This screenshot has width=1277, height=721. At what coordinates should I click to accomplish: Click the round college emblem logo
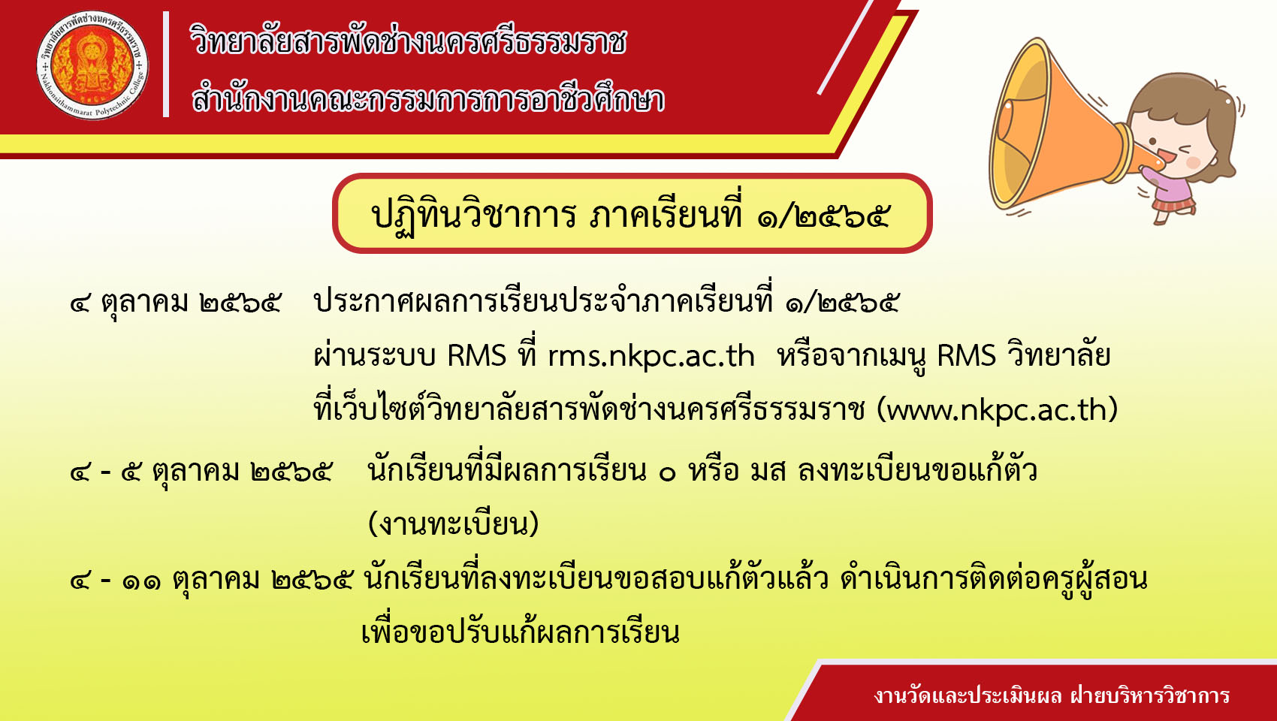(x=92, y=65)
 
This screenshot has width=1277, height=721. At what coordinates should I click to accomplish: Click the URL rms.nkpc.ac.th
(x=651, y=356)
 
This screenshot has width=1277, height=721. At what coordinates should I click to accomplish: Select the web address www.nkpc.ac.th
(x=997, y=410)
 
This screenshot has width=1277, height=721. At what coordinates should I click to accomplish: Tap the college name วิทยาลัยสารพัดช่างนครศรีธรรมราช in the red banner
(x=408, y=41)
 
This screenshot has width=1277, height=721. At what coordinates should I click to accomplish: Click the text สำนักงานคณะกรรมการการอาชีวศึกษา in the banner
(x=428, y=98)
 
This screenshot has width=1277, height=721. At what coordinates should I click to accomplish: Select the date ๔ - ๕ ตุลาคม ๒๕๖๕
(x=201, y=472)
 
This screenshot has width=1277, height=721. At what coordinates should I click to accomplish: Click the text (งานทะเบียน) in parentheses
(x=453, y=523)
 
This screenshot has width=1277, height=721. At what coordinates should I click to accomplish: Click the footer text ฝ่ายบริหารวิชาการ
(x=1150, y=696)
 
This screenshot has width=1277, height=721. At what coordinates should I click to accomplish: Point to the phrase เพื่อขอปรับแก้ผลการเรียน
(x=521, y=632)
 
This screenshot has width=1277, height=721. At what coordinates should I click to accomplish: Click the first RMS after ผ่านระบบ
(x=476, y=356)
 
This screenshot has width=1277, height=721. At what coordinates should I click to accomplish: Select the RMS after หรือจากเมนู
(x=966, y=356)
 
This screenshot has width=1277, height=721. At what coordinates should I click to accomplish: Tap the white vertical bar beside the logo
(x=166, y=65)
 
